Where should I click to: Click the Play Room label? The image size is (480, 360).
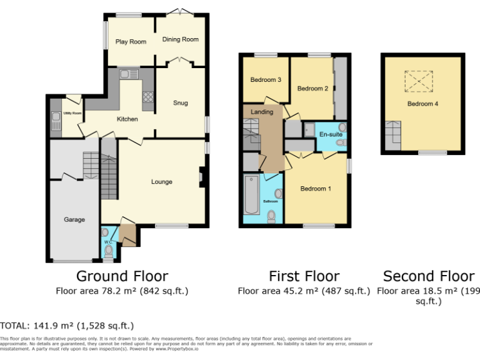(x=131, y=42)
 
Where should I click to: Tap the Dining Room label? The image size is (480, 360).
(x=181, y=39)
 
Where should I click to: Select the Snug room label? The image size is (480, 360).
(x=181, y=103)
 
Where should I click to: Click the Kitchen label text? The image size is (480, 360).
(x=127, y=119)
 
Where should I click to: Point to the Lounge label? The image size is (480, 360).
(x=161, y=182)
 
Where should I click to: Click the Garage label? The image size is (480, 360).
(x=74, y=219)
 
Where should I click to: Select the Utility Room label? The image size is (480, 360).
(x=72, y=113)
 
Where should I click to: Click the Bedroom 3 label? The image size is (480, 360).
(x=266, y=80)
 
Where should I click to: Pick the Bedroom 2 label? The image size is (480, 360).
(x=312, y=89)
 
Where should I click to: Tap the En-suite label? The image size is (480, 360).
(x=329, y=134)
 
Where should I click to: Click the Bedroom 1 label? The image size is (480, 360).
(x=316, y=189)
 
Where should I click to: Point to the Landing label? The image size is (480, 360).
(x=262, y=112)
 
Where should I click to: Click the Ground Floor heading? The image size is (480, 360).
(x=122, y=276)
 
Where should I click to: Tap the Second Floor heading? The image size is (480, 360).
(x=429, y=276)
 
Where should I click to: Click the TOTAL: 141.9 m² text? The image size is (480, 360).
(x=67, y=326)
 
